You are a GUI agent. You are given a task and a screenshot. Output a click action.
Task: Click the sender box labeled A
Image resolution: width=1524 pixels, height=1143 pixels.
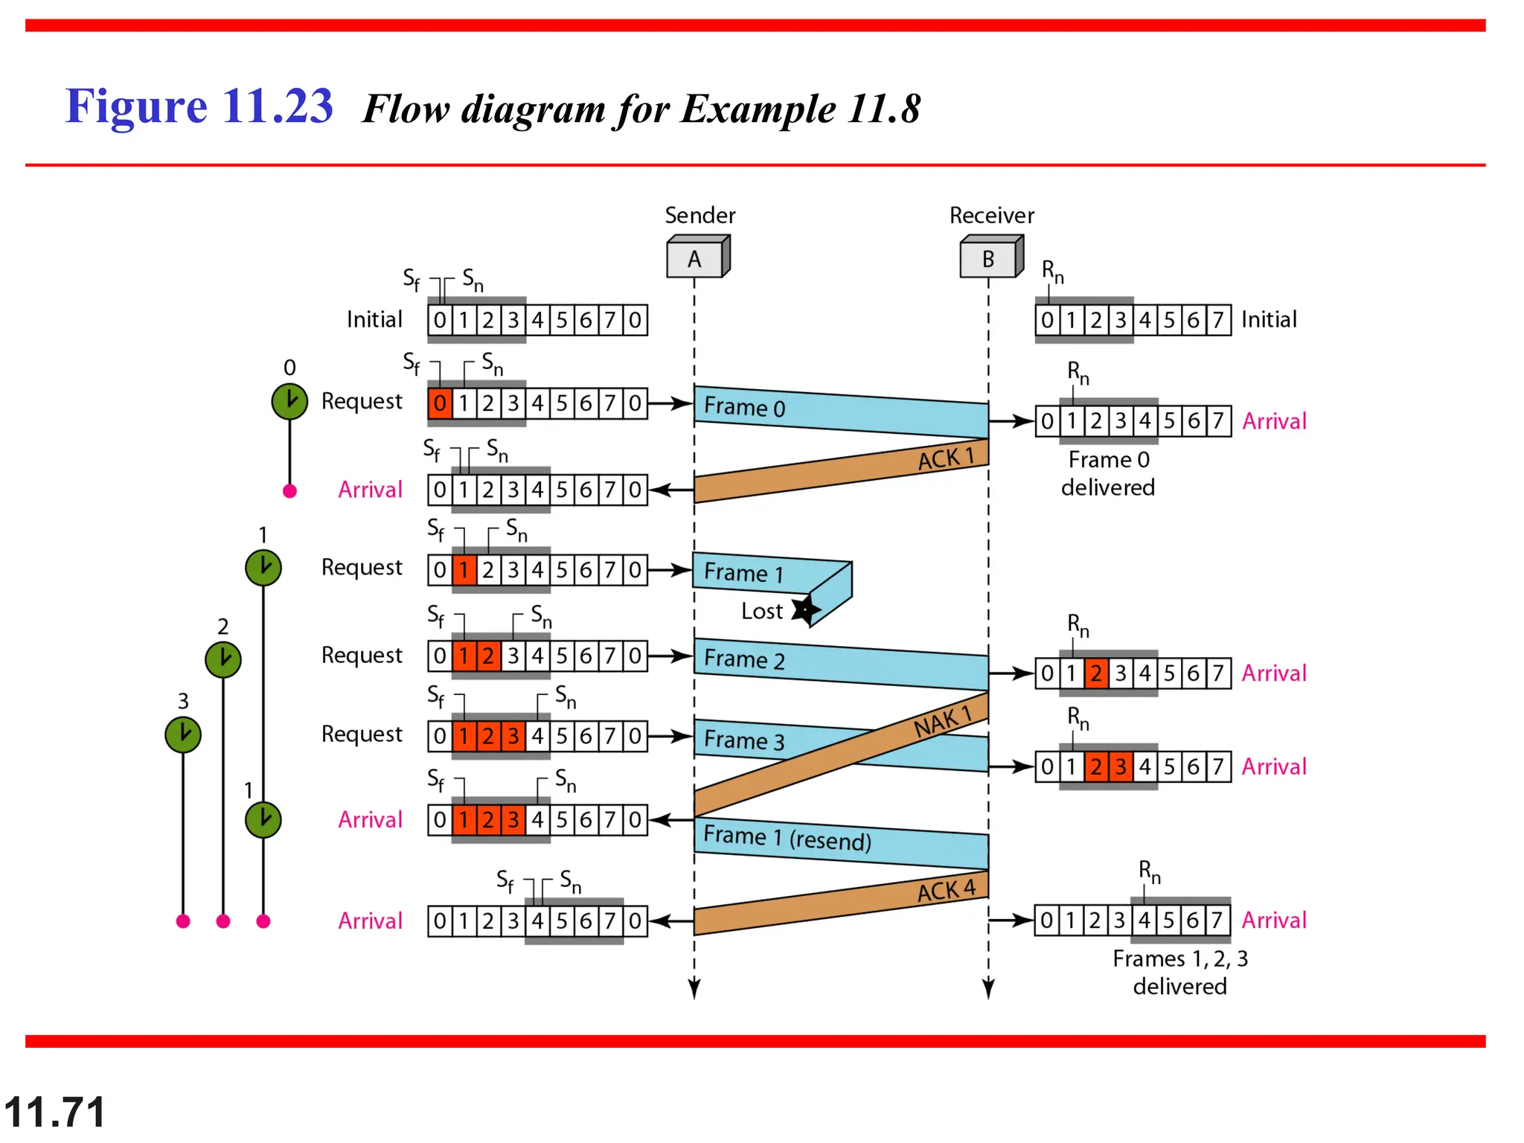[695, 258]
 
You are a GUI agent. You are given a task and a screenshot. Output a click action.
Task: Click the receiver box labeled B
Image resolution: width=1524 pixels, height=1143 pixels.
[989, 258]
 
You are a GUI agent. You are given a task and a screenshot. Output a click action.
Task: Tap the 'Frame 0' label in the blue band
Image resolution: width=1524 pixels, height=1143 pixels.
[744, 407]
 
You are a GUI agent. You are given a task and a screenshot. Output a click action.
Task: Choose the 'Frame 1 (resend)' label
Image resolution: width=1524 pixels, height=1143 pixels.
[787, 838]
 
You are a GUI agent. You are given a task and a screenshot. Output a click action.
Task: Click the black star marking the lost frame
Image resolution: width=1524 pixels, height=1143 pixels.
[805, 610]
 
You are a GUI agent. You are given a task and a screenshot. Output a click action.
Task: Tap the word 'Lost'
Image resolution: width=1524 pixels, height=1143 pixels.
[761, 611]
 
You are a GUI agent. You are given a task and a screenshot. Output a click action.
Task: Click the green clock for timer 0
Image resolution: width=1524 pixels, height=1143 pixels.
[289, 402]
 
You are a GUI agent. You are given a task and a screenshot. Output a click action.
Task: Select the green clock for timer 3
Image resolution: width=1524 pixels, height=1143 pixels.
[183, 734]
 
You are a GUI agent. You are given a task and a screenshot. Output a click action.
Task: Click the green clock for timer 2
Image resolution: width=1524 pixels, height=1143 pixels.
[223, 659]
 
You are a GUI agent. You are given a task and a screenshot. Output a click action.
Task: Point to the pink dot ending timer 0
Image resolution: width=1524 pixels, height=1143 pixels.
[290, 491]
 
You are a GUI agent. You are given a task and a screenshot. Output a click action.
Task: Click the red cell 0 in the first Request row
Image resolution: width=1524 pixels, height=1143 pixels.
[440, 403]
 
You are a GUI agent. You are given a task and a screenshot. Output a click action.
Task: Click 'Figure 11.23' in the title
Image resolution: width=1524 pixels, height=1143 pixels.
[199, 106]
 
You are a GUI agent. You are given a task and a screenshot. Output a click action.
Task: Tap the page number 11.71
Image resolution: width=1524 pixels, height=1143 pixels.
[54, 1112]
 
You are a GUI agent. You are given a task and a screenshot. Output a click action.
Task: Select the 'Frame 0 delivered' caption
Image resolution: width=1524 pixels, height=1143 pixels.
[1108, 473]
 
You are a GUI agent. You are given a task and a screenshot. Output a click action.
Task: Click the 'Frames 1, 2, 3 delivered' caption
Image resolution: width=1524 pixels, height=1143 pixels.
[1180, 972]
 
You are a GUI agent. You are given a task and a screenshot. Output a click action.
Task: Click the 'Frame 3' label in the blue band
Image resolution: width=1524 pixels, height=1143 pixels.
[744, 740]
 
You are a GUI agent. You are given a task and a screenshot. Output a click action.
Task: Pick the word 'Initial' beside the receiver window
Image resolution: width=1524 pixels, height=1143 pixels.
[1269, 319]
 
